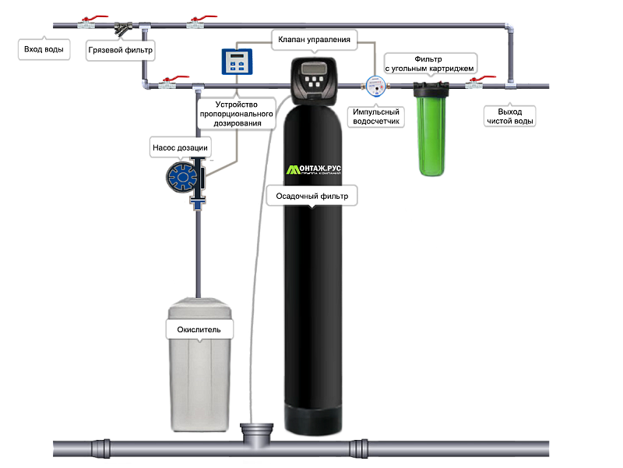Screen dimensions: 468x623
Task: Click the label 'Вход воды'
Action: (43, 50)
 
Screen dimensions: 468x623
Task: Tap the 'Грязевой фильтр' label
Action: (120, 50)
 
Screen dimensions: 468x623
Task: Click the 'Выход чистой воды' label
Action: (509, 116)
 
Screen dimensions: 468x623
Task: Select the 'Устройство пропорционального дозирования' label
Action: (238, 113)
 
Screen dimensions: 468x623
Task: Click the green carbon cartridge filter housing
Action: (430, 136)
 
